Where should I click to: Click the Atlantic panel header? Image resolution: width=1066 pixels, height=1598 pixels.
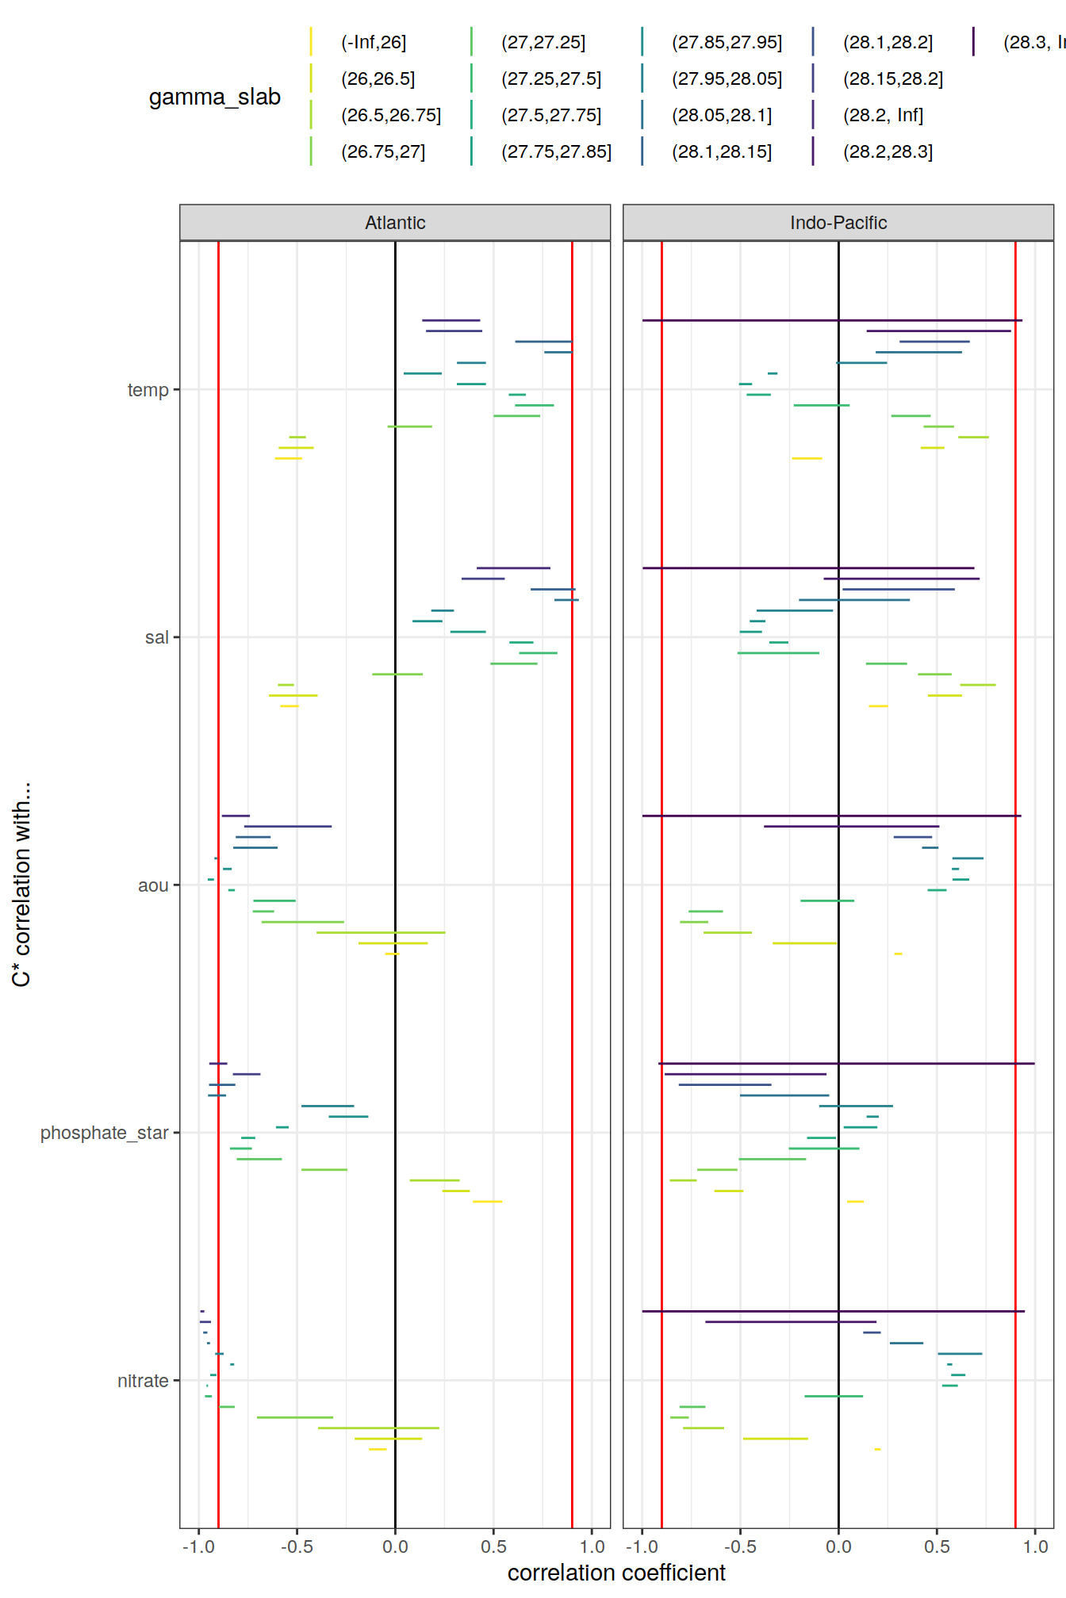coord(395,223)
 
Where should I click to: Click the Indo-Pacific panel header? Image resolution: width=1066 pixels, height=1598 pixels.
coord(838,223)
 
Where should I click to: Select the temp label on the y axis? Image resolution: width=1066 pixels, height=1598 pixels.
coord(148,390)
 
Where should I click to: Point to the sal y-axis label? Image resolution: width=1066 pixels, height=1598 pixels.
coord(157,637)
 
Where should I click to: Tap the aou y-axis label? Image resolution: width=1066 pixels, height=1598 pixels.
coord(153,885)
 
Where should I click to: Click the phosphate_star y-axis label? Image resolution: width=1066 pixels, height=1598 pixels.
coord(105,1133)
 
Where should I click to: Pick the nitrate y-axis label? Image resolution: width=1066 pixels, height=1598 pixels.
coord(143,1381)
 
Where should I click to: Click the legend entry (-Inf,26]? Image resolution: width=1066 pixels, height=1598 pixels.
coord(374,43)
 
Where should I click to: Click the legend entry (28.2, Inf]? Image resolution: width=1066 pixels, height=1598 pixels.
coord(883,116)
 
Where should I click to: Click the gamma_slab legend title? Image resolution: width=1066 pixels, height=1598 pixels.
coord(215,97)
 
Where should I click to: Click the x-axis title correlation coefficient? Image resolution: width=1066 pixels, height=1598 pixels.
coord(616,1573)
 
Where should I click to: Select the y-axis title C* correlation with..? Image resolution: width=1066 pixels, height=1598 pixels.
coord(21,884)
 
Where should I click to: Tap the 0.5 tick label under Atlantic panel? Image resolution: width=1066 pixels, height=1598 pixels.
coord(493,1546)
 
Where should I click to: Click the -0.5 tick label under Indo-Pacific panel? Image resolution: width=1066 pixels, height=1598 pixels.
coord(740,1546)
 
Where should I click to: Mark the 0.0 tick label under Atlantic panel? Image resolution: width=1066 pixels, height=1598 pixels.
coord(395,1546)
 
